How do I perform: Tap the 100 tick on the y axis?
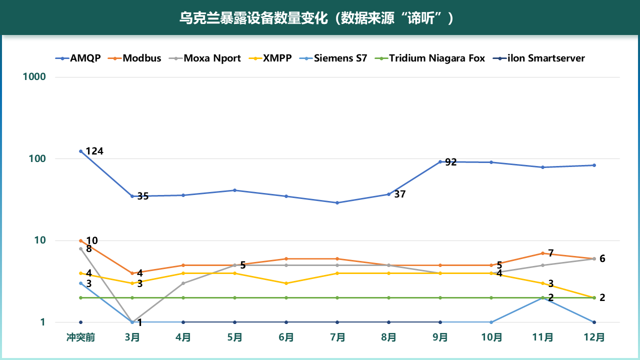tap(38, 158)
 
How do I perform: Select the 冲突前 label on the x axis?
tap(80, 337)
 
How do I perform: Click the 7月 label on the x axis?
tap(337, 337)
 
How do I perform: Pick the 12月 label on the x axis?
tap(594, 337)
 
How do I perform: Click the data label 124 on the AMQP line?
tap(94, 151)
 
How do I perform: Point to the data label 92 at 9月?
tap(451, 162)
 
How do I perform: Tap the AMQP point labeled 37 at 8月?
tap(388, 194)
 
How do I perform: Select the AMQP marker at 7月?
tap(337, 202)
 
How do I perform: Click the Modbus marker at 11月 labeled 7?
tap(542, 253)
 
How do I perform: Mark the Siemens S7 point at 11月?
tap(542, 297)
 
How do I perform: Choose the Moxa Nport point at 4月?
tap(183, 283)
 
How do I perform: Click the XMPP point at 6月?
tap(286, 283)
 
